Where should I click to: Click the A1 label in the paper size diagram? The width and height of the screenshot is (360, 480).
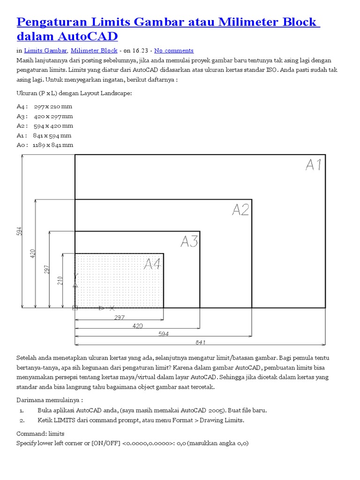[314, 165]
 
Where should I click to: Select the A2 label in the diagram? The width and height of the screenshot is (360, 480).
[240, 210]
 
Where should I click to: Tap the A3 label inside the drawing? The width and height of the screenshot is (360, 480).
[189, 241]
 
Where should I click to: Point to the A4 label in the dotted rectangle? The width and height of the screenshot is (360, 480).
[152, 264]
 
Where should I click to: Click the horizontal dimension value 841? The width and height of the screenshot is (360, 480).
[200, 342]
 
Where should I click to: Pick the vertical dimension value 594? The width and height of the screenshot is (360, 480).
[20, 231]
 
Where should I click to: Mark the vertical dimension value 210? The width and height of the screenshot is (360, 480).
[60, 280]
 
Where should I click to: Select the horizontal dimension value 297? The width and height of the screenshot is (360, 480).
[119, 317]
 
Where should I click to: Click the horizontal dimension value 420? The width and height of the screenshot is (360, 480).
[137, 325]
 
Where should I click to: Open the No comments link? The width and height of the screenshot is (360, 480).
[173, 51]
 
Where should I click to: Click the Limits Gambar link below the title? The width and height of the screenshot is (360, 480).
[45, 51]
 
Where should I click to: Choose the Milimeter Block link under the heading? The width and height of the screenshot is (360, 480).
[94, 51]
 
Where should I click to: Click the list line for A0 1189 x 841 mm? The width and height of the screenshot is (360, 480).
[45, 145]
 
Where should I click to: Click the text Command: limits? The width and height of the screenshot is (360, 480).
[40, 434]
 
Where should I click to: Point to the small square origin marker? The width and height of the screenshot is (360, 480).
[75, 307]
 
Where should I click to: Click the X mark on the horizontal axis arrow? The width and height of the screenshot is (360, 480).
[112, 308]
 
